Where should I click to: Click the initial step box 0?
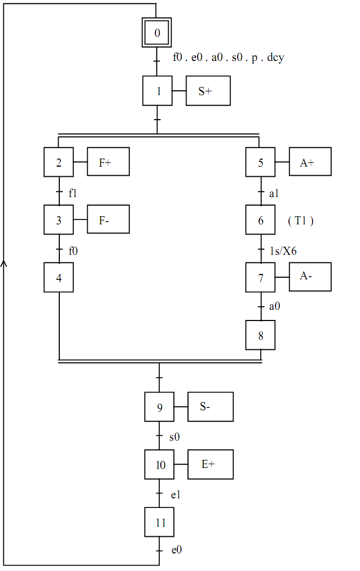point(157,33)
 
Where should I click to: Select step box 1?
point(158,91)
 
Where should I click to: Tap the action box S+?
point(208,91)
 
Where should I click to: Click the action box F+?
point(108,161)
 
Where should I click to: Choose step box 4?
point(59,277)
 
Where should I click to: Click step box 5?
point(261,161)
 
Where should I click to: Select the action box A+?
point(310,161)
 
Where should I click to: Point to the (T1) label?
point(300,220)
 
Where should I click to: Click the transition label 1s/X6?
point(283,251)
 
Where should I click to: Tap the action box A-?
point(310,277)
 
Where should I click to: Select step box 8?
point(261,335)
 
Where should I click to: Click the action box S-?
point(210,406)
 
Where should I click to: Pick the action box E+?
point(210,464)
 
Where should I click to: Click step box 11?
point(160,522)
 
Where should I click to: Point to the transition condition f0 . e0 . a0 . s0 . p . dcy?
point(228,58)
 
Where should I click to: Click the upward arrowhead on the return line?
point(4,263)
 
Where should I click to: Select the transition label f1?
point(73,193)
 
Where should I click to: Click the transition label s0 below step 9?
point(175,437)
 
